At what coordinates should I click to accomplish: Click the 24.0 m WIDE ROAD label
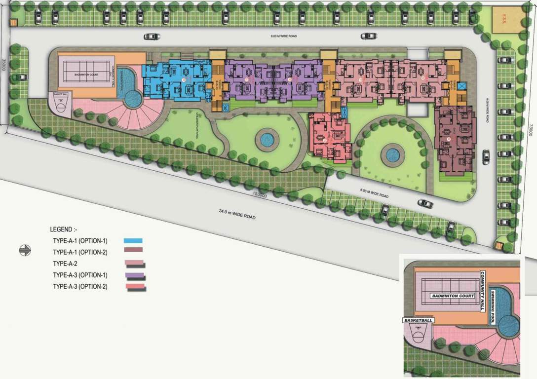pyautogui.click(x=237, y=214)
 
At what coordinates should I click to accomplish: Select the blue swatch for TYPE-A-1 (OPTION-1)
pyautogui.click(x=133, y=241)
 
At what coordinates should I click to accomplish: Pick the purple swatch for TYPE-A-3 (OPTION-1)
pyautogui.click(x=135, y=275)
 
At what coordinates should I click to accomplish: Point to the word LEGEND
pyautogui.click(x=63, y=229)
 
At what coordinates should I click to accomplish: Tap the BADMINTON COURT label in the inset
pyautogui.click(x=453, y=296)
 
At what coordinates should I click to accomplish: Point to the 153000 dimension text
pyautogui.click(x=260, y=195)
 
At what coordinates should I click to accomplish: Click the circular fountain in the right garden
pyautogui.click(x=392, y=155)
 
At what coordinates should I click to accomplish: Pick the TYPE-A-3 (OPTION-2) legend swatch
pyautogui.click(x=135, y=287)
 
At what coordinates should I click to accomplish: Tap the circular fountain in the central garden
pyautogui.click(x=267, y=140)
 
